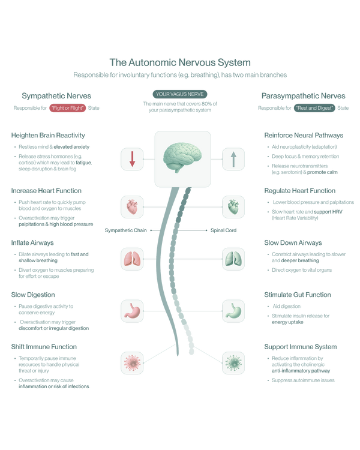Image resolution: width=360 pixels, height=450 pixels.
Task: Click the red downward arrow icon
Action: point(132,159)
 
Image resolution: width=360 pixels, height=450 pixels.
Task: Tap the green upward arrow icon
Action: point(233,159)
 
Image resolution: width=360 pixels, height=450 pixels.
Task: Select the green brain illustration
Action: point(182,158)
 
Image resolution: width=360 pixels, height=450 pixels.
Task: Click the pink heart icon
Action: point(132,207)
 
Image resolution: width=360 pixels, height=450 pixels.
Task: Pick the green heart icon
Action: point(233,207)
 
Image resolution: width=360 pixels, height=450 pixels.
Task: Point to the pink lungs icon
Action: point(132,259)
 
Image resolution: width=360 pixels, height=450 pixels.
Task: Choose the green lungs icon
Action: point(233,259)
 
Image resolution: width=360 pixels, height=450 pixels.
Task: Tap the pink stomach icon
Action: point(132,311)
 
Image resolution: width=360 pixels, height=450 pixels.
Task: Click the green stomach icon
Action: point(233,311)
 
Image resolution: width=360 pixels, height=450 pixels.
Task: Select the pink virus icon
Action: point(132,363)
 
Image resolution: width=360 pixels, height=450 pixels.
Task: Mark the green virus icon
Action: point(233,363)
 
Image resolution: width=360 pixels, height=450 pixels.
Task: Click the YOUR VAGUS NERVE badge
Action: point(180,94)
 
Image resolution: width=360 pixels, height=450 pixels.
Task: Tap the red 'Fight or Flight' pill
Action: point(67,108)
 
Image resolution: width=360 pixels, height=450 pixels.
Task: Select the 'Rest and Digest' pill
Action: point(314,108)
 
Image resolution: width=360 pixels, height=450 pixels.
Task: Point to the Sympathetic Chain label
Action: point(126,230)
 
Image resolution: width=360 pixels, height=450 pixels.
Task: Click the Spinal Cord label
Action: point(223,230)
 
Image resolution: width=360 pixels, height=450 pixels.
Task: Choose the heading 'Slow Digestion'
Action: point(33,295)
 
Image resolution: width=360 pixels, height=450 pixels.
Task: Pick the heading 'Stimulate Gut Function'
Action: point(298,295)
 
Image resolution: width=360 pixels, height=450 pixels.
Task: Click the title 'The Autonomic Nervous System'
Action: point(180,62)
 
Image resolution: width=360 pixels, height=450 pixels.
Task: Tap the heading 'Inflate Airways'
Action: point(32,243)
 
